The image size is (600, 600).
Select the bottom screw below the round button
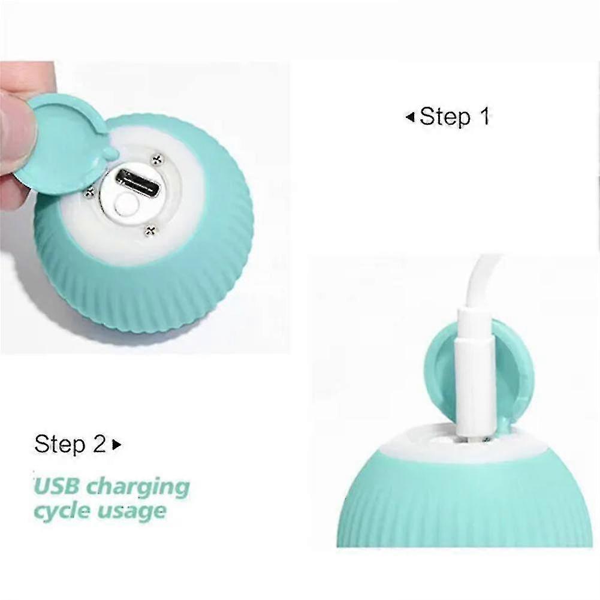point(151,230)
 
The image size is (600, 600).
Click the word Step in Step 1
point(445,117)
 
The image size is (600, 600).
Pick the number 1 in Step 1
point(484,116)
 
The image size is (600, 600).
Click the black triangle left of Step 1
point(410,117)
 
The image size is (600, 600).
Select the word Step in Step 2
point(60,444)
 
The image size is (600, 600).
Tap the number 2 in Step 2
point(99,444)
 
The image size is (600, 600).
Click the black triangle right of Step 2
point(117,445)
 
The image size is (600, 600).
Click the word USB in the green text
point(56,487)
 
